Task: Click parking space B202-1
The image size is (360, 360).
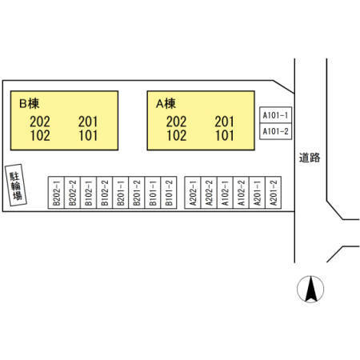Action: click(x=56, y=192)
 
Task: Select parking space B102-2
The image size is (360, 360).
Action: click(x=105, y=192)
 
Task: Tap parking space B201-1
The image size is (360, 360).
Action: click(x=121, y=192)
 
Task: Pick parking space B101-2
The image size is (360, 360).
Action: click(x=169, y=192)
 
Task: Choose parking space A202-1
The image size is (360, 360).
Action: click(x=193, y=192)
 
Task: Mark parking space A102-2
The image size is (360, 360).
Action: click(x=241, y=192)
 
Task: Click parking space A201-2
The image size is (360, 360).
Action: click(x=274, y=192)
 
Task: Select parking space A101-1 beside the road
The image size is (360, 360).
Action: click(x=276, y=115)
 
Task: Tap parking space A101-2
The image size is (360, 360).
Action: click(x=276, y=131)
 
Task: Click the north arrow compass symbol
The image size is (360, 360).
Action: click(x=310, y=289)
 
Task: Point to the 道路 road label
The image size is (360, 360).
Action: click(x=310, y=158)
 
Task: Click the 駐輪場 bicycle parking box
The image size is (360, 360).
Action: click(x=16, y=185)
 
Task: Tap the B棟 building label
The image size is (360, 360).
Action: click(x=30, y=103)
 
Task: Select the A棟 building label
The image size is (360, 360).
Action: click(x=166, y=103)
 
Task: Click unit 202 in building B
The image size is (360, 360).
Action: click(x=40, y=122)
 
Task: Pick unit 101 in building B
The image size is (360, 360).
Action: click(x=88, y=135)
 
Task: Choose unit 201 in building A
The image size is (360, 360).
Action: click(x=225, y=122)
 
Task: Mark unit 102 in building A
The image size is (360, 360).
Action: click(x=177, y=135)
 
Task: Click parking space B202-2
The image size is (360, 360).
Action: click(x=72, y=192)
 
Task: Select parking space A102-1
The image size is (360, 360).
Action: click(x=225, y=192)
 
